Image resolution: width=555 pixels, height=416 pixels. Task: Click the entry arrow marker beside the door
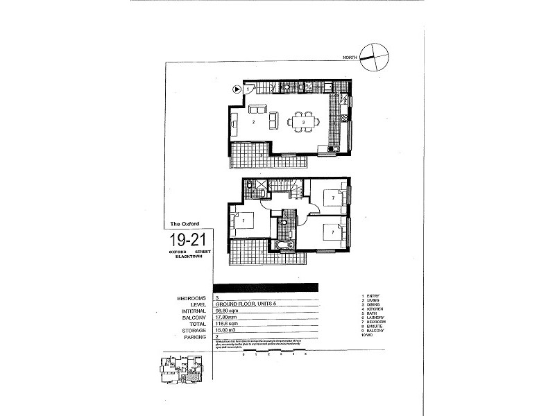pos(237,89)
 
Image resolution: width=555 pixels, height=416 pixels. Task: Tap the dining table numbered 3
pos(303,122)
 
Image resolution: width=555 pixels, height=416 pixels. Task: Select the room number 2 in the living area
pos(254,122)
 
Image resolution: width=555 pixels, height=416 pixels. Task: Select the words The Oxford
pos(185,223)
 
